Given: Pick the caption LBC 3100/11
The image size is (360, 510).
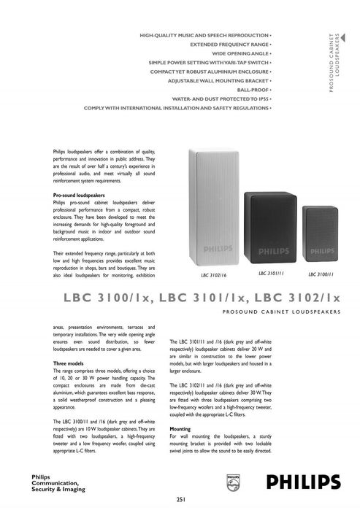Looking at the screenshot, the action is coord(321,275).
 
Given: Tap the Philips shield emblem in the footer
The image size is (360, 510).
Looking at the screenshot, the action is coord(234,484).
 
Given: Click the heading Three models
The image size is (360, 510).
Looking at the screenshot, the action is coord(70,363).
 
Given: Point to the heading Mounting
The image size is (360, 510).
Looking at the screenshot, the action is coord(180,429).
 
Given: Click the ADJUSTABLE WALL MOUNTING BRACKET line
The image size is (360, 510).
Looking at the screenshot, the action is coord(210,80).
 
